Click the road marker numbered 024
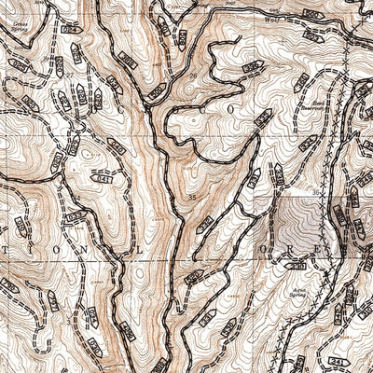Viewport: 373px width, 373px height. [70, 31]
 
